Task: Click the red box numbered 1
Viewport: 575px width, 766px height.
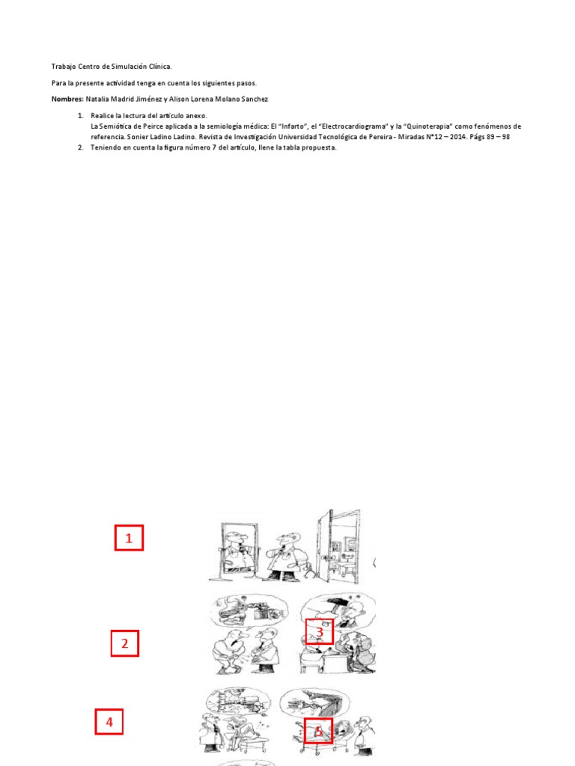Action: pos(129,538)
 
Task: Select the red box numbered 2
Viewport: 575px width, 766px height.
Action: pos(125,643)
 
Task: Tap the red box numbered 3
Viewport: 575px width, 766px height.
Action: pos(319,632)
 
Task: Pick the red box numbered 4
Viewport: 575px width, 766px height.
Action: pos(109,723)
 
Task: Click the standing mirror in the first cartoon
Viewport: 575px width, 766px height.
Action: pos(234,550)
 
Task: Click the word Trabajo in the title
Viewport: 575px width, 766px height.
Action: pos(64,67)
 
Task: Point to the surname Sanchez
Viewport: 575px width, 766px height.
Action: pos(252,99)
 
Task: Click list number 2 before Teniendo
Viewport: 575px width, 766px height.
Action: pos(81,147)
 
